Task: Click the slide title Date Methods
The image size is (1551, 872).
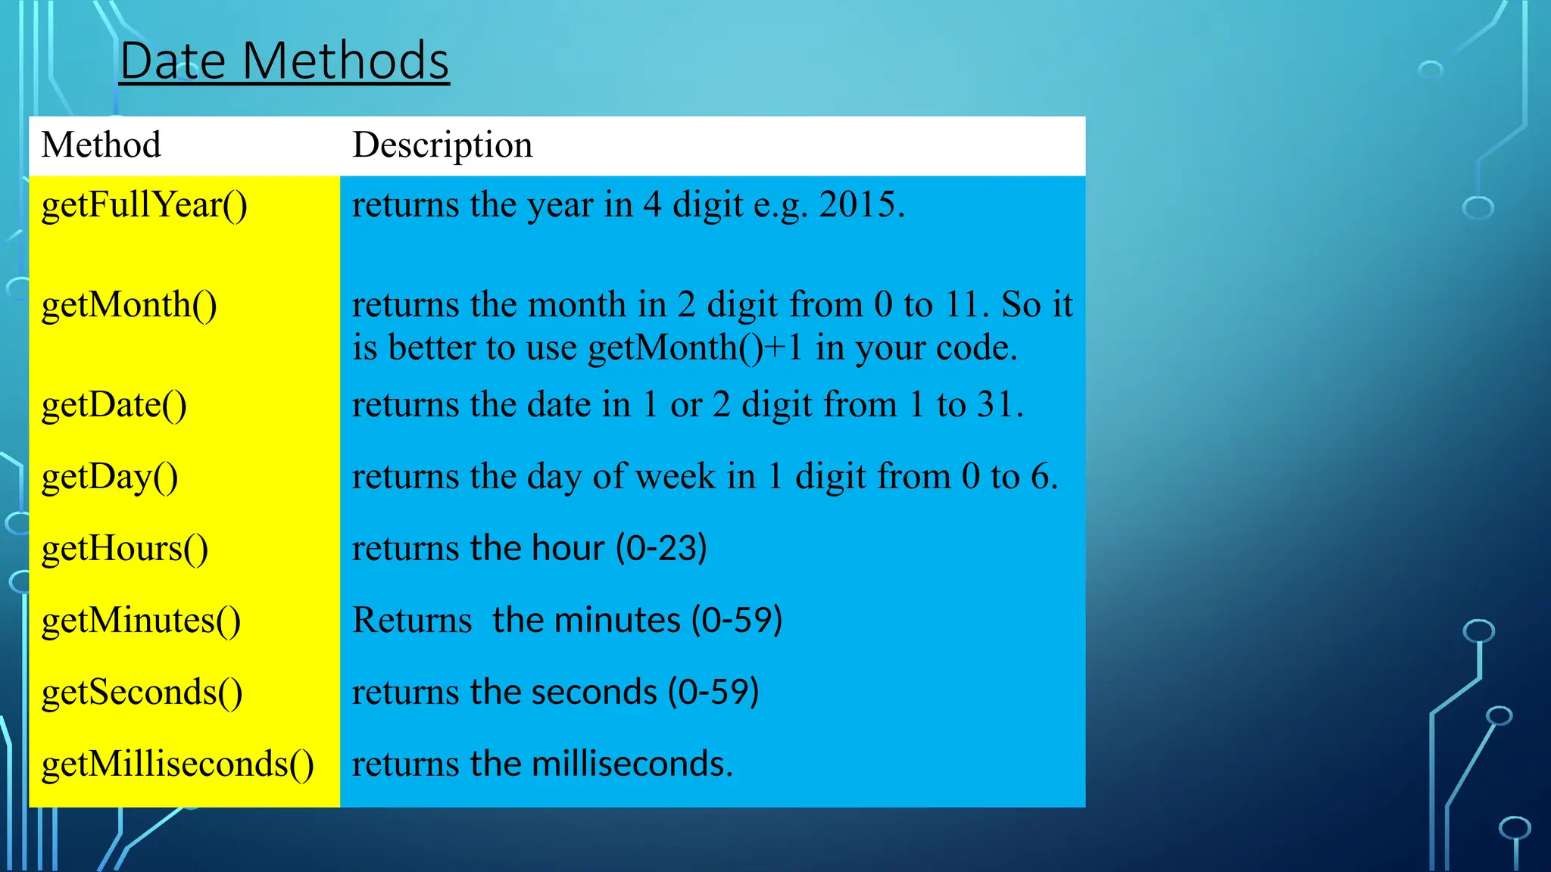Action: [284, 61]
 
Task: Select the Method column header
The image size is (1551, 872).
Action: [101, 145]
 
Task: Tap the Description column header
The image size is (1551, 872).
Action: [442, 145]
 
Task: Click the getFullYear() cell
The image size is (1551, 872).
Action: [144, 205]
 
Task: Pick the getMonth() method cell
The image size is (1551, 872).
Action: [129, 305]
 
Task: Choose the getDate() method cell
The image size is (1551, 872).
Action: [114, 405]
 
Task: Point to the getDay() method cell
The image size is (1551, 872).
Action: [110, 477]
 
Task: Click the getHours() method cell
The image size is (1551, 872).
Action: [124, 549]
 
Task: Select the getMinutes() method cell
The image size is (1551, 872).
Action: [141, 621]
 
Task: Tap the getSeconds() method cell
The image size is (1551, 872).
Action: [142, 693]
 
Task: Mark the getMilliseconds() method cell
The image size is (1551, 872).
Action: [177, 765]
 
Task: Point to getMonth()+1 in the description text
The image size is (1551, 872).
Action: [694, 348]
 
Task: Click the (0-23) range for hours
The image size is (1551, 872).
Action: [661, 548]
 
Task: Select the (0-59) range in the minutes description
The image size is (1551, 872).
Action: [737, 620]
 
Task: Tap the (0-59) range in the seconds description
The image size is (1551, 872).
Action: [713, 692]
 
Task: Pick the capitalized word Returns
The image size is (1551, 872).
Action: [412, 621]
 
